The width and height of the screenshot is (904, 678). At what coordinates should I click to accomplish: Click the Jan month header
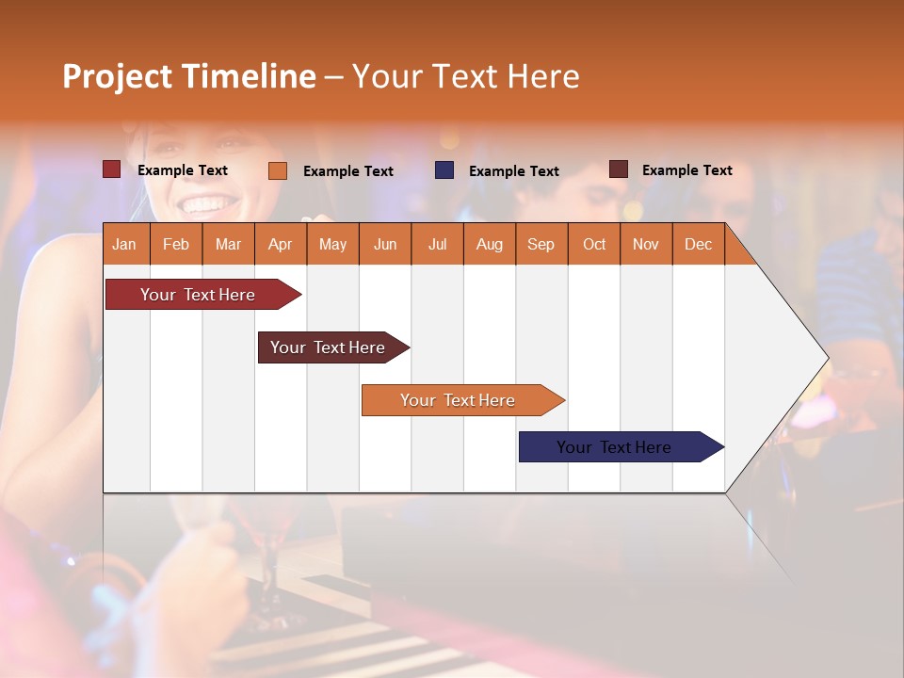[124, 244]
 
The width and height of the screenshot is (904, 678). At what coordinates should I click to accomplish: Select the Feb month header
[176, 244]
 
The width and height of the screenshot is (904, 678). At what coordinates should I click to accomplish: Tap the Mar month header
[228, 244]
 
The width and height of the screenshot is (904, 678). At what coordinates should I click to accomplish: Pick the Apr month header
[280, 244]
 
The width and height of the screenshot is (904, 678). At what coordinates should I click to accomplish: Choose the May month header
[332, 244]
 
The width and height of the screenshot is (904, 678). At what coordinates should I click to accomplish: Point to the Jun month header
[385, 244]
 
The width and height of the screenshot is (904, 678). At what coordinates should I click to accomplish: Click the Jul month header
[437, 244]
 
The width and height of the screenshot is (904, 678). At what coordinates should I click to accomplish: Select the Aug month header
[489, 244]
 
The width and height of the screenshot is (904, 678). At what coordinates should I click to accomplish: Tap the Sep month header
[541, 244]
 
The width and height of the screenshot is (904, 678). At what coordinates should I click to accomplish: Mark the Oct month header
[594, 244]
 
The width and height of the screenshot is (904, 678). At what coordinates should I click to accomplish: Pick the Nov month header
[646, 244]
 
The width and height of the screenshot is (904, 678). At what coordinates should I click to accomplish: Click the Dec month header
[698, 244]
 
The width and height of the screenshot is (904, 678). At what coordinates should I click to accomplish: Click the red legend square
[111, 169]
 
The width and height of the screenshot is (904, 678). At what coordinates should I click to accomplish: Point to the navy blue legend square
[444, 170]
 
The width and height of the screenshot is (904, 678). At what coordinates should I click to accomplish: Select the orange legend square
[278, 170]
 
